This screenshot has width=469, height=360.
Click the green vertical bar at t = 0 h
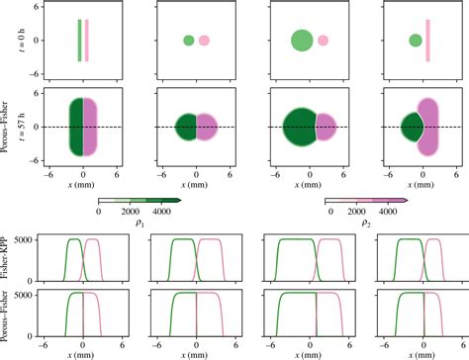(79, 41)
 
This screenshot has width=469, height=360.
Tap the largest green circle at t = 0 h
(302, 41)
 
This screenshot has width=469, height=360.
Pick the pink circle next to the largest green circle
(322, 41)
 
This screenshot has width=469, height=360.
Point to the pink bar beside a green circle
(428, 41)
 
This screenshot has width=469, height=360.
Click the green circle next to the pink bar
(416, 41)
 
